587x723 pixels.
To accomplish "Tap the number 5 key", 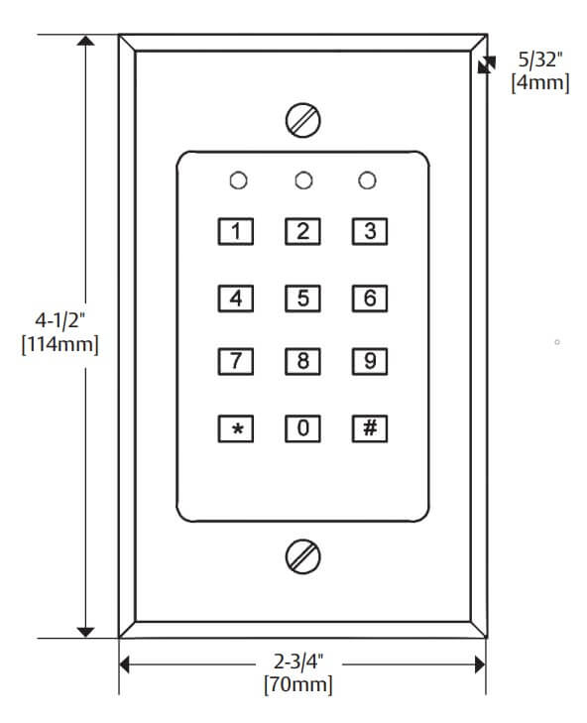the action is [x=302, y=299].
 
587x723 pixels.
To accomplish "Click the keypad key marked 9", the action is [x=370, y=361].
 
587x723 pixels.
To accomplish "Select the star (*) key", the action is [x=236, y=428].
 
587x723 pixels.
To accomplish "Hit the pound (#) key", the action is [x=370, y=428].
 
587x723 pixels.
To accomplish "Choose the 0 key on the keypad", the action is [x=302, y=428].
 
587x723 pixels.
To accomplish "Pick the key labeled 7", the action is [x=236, y=361].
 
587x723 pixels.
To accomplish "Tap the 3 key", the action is [x=370, y=231].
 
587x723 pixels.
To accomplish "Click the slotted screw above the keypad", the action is [x=303, y=120].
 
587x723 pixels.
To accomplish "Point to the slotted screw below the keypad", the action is [x=303, y=556].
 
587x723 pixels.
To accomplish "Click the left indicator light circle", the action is [x=238, y=181].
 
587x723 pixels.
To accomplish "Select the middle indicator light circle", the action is [x=303, y=181].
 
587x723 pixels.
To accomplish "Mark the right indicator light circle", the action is [x=367, y=181].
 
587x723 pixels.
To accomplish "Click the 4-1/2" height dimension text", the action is [x=60, y=320].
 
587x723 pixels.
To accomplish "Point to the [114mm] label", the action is [x=59, y=344].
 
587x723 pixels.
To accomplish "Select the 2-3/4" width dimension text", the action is [x=298, y=662].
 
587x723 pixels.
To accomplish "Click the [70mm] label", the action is [x=297, y=684].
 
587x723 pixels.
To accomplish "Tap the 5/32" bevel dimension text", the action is [x=540, y=60].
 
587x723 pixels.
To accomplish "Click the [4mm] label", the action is [x=540, y=83].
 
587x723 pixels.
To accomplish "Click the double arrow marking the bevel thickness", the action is [x=487, y=65].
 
